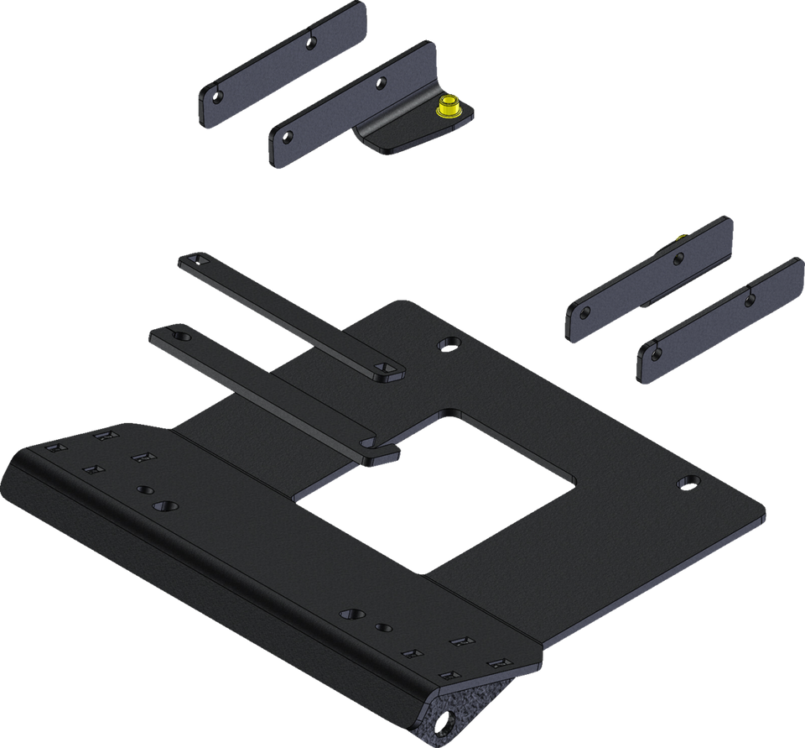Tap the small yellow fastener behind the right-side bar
pos(679,238)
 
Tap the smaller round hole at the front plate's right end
pos(382,627)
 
